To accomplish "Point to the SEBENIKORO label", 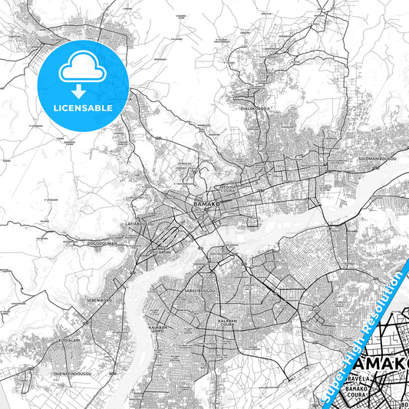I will (x=100, y=300).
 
